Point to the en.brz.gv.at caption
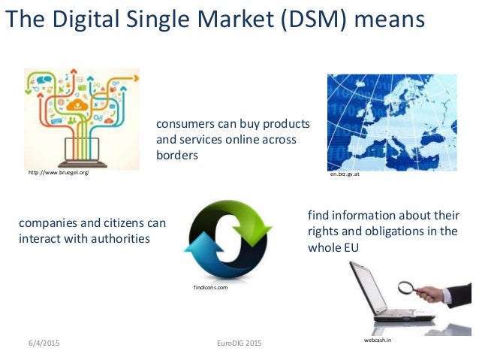click(x=345, y=173)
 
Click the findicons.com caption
click(x=210, y=288)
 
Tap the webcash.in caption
click(x=377, y=340)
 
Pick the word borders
click(x=177, y=156)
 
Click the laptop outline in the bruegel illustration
click(x=83, y=150)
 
